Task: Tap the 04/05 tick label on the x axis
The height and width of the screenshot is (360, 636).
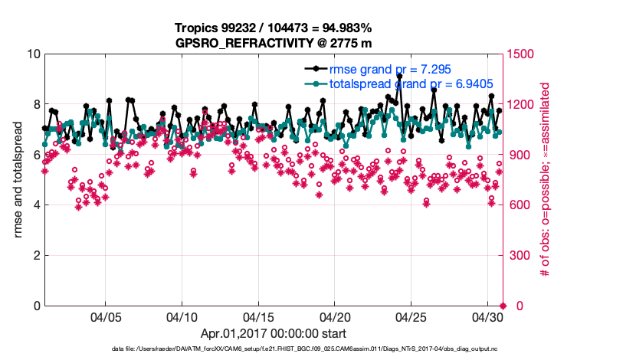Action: pyautogui.click(x=106, y=316)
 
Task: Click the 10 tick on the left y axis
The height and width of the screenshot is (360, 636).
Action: pyautogui.click(x=32, y=54)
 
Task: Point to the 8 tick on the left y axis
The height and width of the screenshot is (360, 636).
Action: pyautogui.click(x=35, y=105)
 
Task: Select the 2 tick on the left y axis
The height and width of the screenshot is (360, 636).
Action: pyautogui.click(x=35, y=256)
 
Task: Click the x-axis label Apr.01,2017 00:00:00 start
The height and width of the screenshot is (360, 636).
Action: pyautogui.click(x=274, y=333)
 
